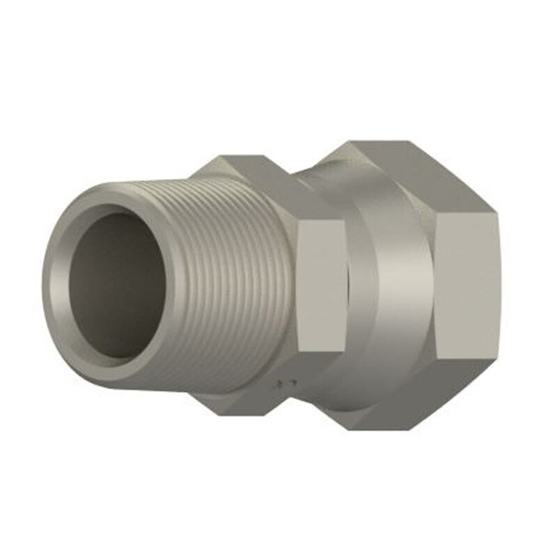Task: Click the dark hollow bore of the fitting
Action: pyautogui.click(x=118, y=285)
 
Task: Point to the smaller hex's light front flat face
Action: pyautogui.click(x=321, y=285)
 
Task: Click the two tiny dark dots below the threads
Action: pyautogui.click(x=285, y=382)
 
